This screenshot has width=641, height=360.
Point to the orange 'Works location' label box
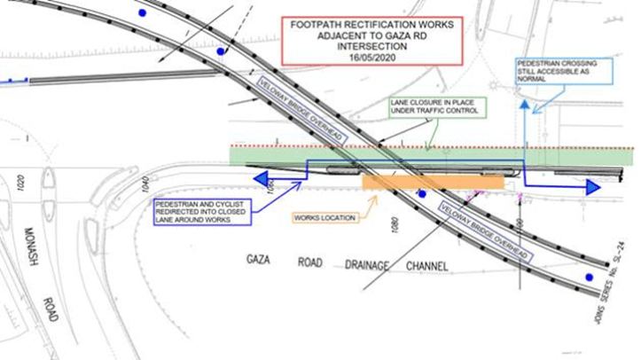coord(330,217)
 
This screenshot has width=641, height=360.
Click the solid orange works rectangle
coord(433,181)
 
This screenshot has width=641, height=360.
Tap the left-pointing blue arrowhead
coord(262,180)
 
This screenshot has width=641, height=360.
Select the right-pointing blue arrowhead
coord(590,187)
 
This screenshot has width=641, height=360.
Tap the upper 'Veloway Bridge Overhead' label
coord(298,106)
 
